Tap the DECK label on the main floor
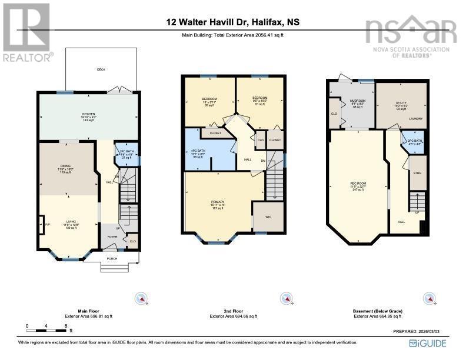click(x=101, y=69)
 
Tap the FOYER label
click(x=112, y=238)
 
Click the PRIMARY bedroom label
click(x=218, y=202)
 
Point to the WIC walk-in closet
click(x=268, y=217)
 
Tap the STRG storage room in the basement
click(x=417, y=173)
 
